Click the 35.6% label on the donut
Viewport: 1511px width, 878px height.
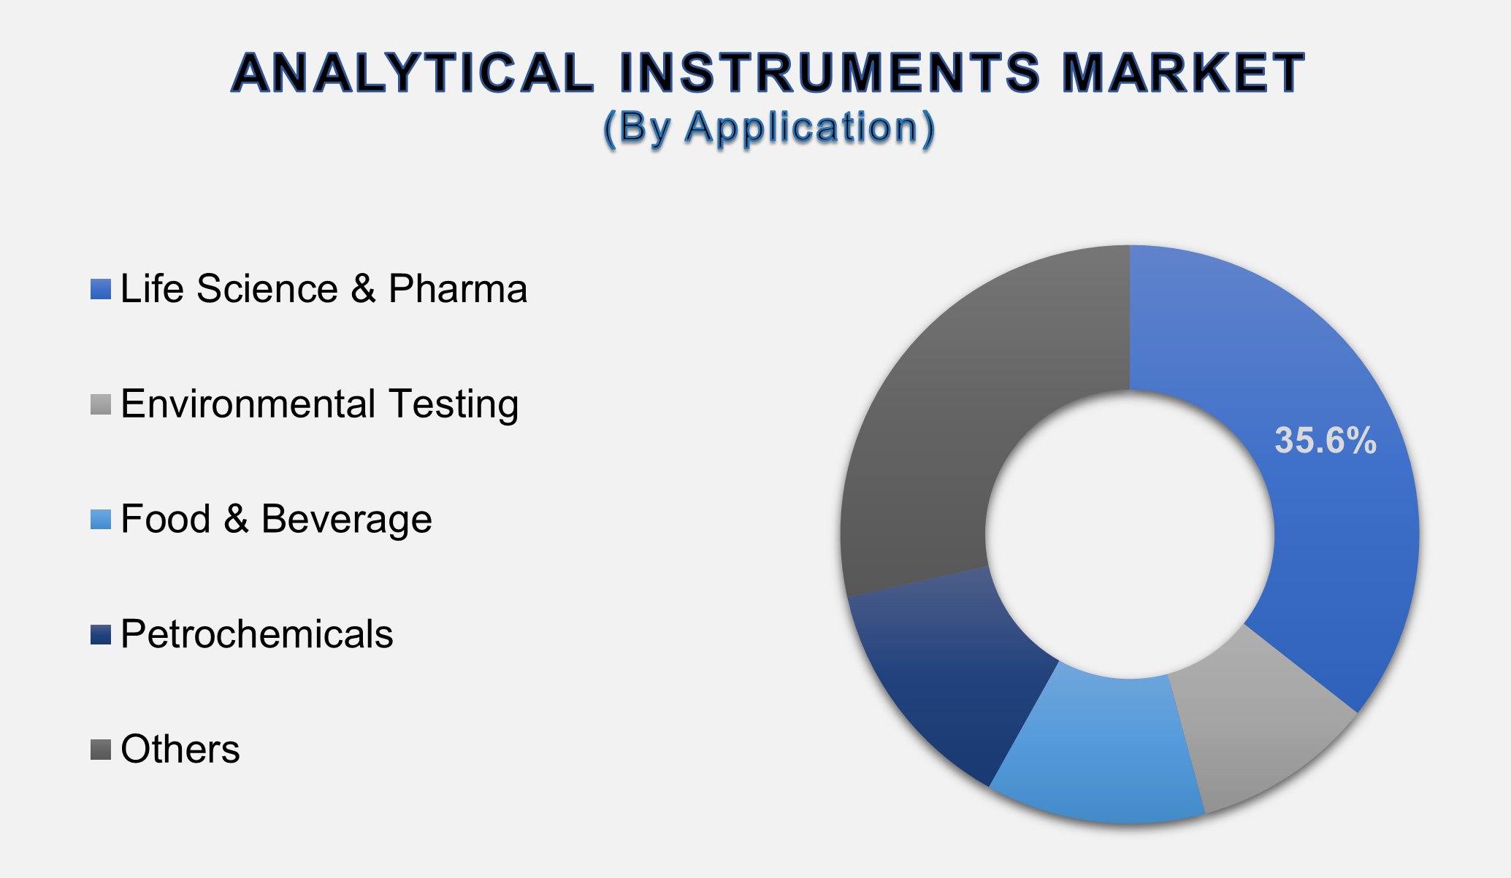tap(1325, 441)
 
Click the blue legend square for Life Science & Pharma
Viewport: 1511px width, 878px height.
tap(101, 289)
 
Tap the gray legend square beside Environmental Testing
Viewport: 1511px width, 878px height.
tap(101, 404)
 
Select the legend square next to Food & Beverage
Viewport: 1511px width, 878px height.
tap(101, 520)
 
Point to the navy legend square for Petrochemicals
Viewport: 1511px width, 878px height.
tap(101, 634)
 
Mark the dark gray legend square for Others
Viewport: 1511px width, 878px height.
tap(101, 750)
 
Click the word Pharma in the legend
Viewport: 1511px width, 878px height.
tap(457, 289)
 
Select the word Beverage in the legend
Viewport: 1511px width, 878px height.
tap(346, 520)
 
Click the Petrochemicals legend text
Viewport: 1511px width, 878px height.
tap(256, 634)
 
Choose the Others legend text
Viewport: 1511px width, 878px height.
tap(180, 750)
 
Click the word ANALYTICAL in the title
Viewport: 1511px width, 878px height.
tap(413, 73)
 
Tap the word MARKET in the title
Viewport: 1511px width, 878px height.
tap(1182, 73)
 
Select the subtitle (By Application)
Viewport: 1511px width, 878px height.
tap(768, 128)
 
